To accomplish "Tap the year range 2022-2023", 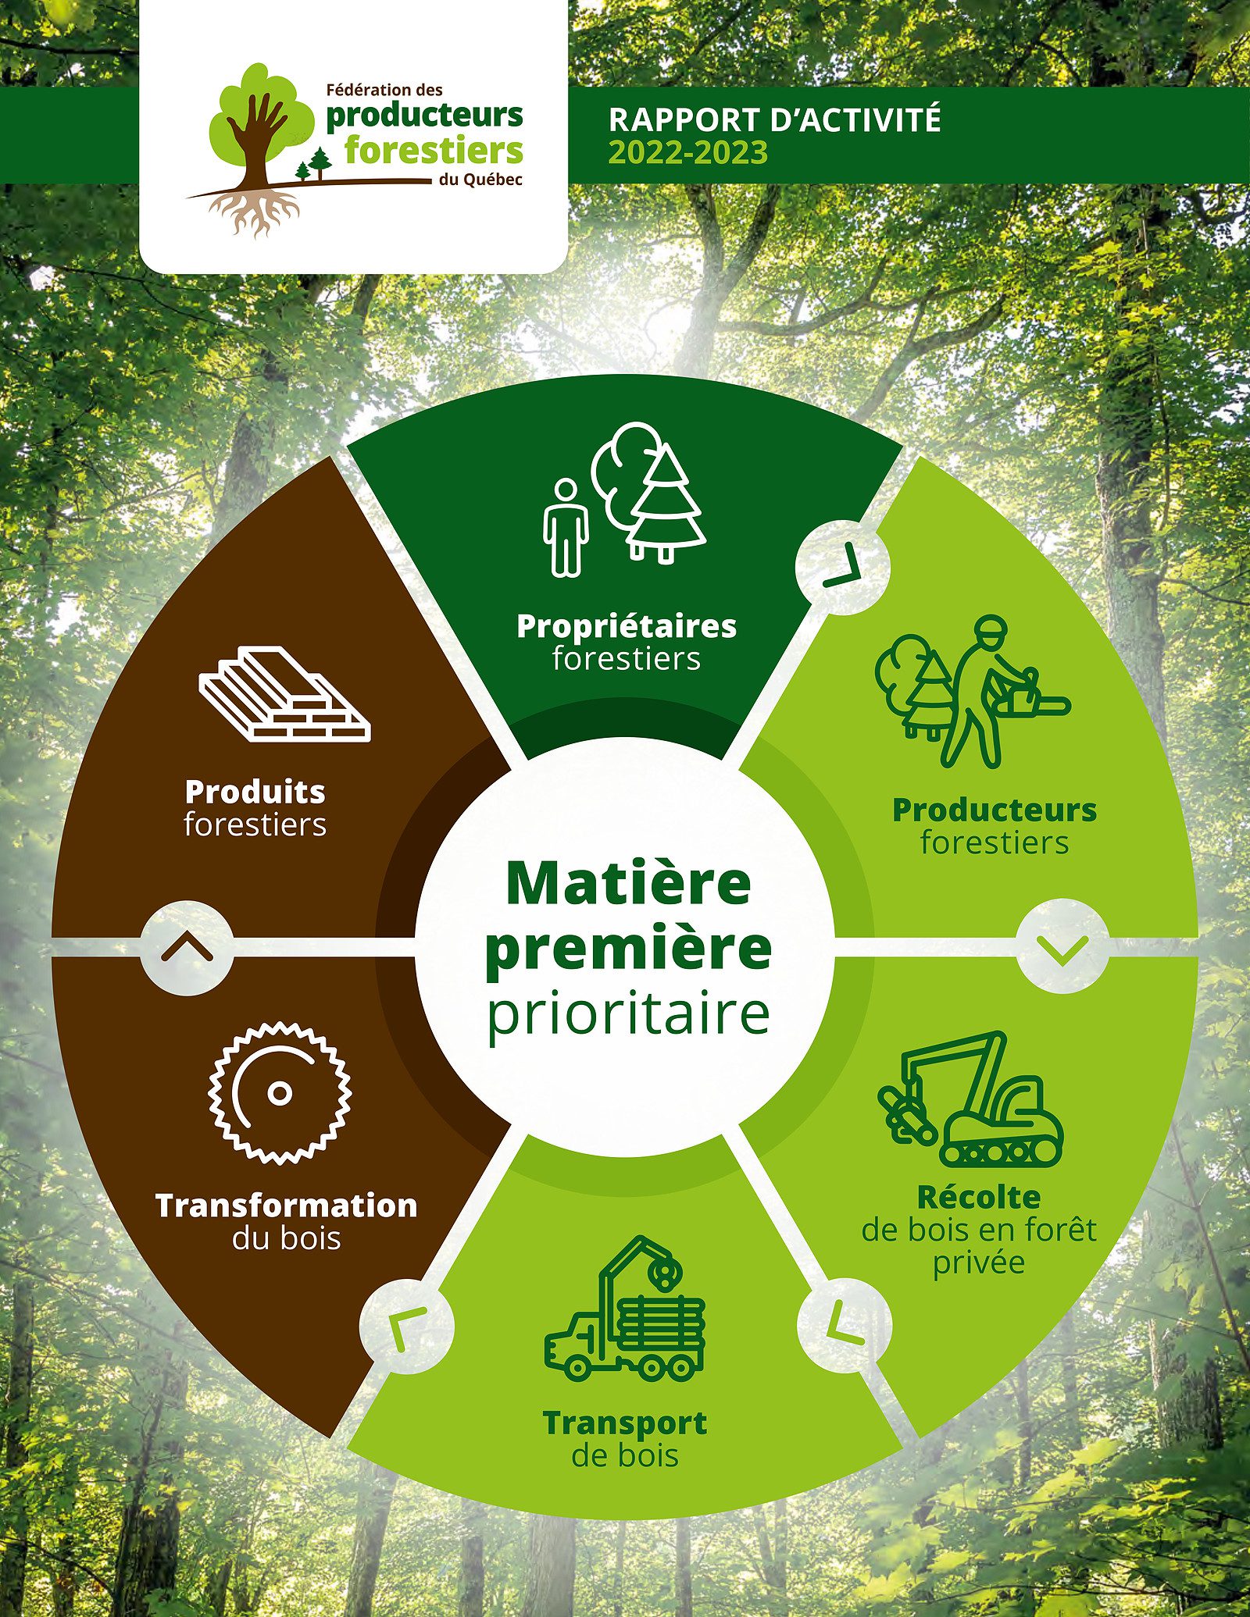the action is [688, 152].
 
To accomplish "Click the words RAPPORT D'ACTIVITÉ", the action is [774, 120].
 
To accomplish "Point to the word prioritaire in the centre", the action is [629, 1014].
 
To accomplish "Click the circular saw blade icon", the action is [280, 1093].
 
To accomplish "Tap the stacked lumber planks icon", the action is [284, 693].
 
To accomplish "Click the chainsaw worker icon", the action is [973, 691].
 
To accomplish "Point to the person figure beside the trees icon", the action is [566, 528].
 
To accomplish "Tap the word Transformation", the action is [287, 1205].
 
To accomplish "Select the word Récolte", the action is [979, 1197].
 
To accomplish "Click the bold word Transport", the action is [625, 1423].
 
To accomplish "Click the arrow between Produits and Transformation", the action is [187, 948].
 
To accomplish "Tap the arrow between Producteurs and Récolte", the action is [1062, 948].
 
